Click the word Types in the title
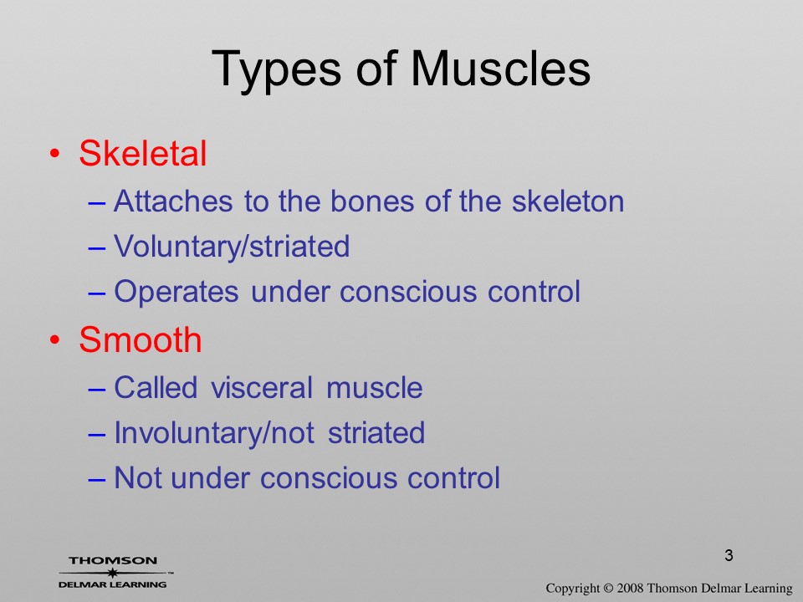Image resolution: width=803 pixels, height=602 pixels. tap(276, 69)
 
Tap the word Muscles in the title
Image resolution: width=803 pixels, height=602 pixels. tap(500, 68)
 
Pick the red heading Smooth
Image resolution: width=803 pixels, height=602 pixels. tap(141, 339)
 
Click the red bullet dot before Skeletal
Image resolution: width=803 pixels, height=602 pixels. tap(55, 154)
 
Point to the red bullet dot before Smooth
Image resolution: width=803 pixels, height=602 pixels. tap(55, 340)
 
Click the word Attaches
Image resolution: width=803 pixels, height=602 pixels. tap(173, 201)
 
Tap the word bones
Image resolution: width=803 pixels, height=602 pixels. tap(371, 201)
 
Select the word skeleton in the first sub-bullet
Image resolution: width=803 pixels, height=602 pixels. tap(568, 201)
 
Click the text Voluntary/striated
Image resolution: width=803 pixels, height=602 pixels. tap(232, 247)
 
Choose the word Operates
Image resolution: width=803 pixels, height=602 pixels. tap(176, 292)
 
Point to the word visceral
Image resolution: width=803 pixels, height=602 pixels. tap(262, 387)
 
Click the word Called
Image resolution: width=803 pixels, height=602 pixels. tap(156, 387)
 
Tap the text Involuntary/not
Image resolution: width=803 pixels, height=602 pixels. tap(213, 433)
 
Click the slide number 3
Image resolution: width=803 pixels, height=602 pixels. tap(729, 555)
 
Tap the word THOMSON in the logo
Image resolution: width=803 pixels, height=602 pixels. tap(113, 560)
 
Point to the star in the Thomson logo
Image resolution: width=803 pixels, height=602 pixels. tap(113, 573)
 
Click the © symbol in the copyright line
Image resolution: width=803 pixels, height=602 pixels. tap(608, 588)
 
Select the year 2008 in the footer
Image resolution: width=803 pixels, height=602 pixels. tap(630, 588)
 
